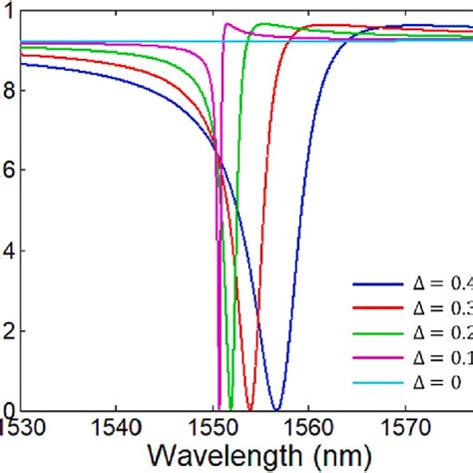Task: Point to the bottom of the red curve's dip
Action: click(249, 409)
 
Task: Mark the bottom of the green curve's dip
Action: click(231, 409)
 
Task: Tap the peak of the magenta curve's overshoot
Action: click(228, 24)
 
